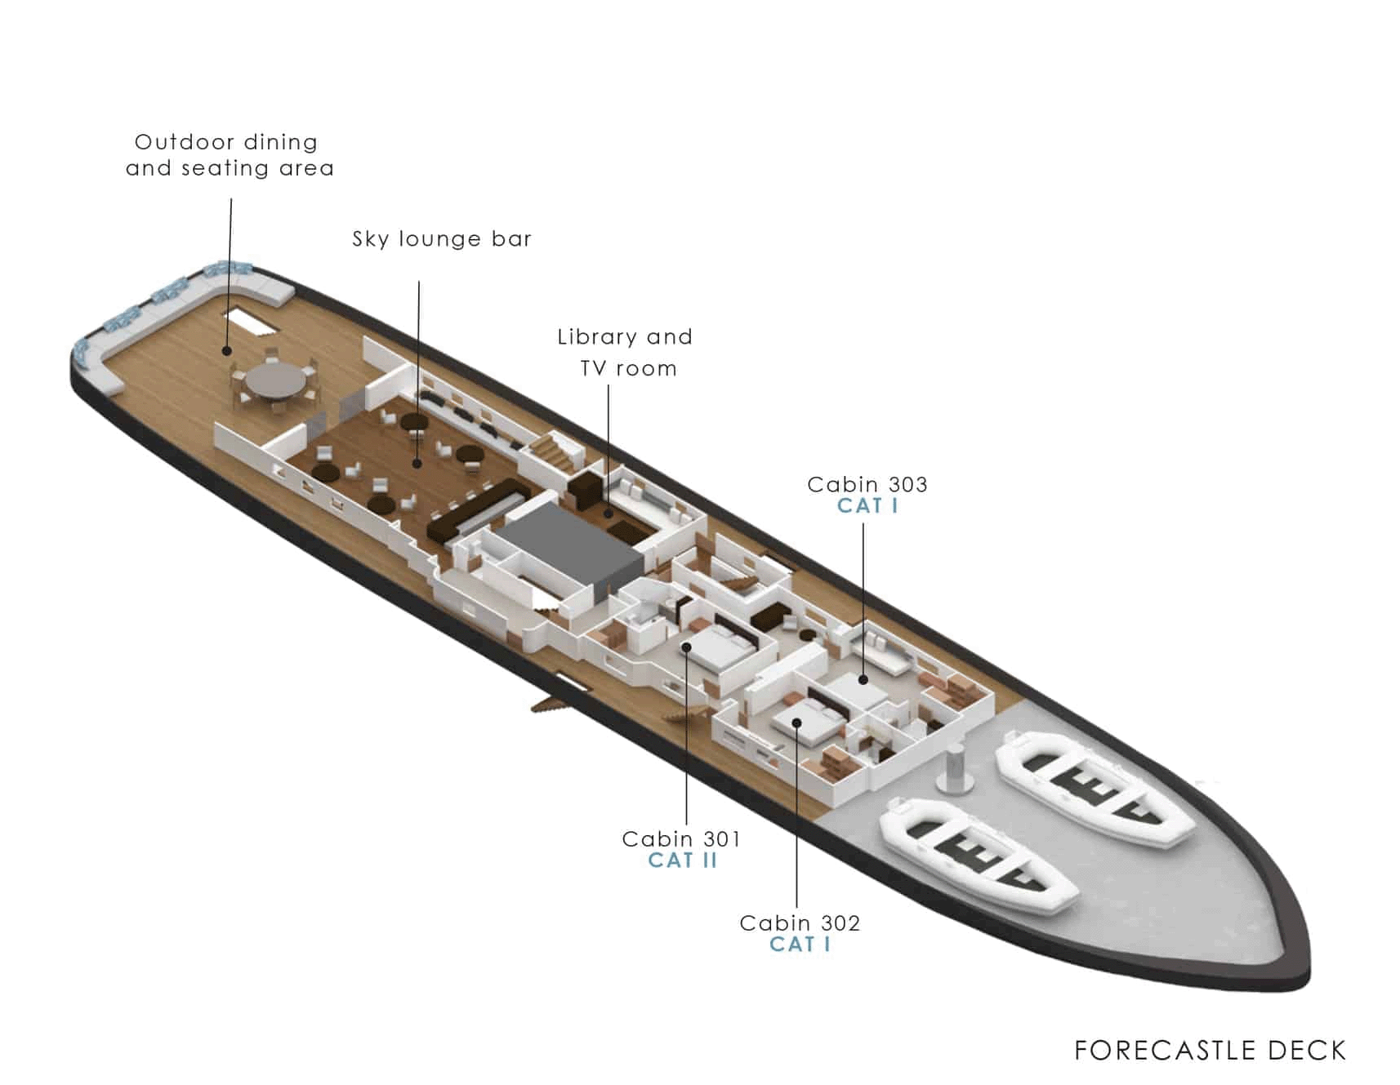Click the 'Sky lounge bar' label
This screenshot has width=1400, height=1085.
pos(442,239)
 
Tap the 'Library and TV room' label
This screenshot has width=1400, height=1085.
pos(626,352)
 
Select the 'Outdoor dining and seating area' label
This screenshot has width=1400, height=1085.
pos(230,154)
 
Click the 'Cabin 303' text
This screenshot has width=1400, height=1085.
pos(867,484)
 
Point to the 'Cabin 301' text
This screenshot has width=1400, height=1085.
pos(681,838)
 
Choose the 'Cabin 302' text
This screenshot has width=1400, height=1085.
pos(800,923)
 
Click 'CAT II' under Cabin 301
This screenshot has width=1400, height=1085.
pos(682,860)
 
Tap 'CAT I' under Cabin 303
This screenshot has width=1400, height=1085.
pos(867,506)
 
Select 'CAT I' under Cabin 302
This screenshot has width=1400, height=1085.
pos(800,945)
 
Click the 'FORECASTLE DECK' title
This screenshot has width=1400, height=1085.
pos(1210,1050)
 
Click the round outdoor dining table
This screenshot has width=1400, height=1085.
pos(275,380)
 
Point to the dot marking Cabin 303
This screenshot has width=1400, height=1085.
pos(863,679)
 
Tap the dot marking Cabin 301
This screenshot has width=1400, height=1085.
pos(687,647)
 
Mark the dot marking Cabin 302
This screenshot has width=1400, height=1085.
pos(796,723)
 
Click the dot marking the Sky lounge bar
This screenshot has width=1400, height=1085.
pos(417,463)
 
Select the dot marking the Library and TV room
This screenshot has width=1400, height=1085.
pos(608,514)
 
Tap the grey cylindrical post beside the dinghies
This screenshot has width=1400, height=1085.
pos(954,769)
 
